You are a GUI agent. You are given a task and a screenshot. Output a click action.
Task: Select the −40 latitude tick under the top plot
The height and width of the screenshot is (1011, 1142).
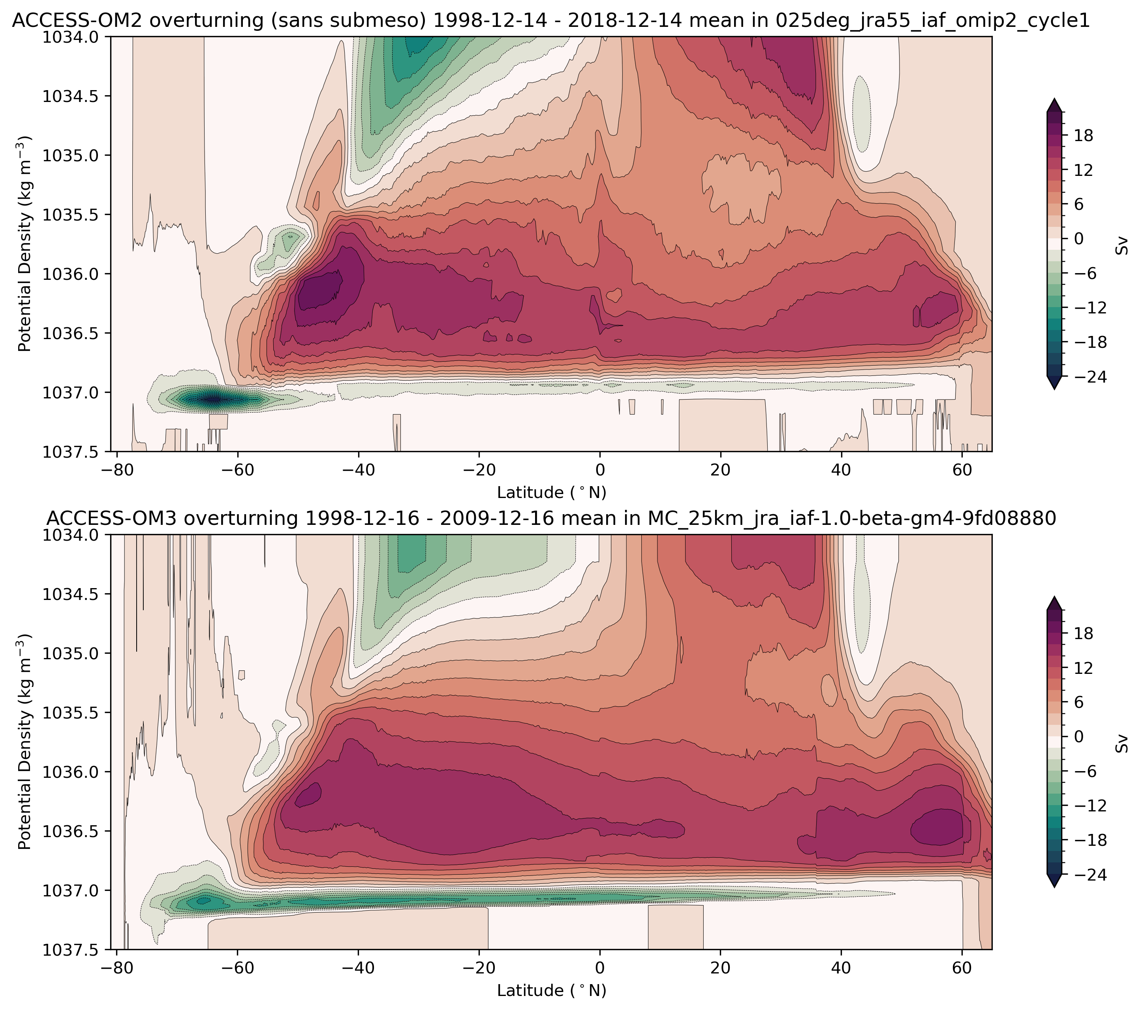pos(358,469)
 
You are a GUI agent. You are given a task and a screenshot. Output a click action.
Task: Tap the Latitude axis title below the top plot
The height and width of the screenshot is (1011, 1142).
pos(551,492)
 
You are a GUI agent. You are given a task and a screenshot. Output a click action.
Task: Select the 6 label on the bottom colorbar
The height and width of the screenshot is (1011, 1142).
pos(1079,702)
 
